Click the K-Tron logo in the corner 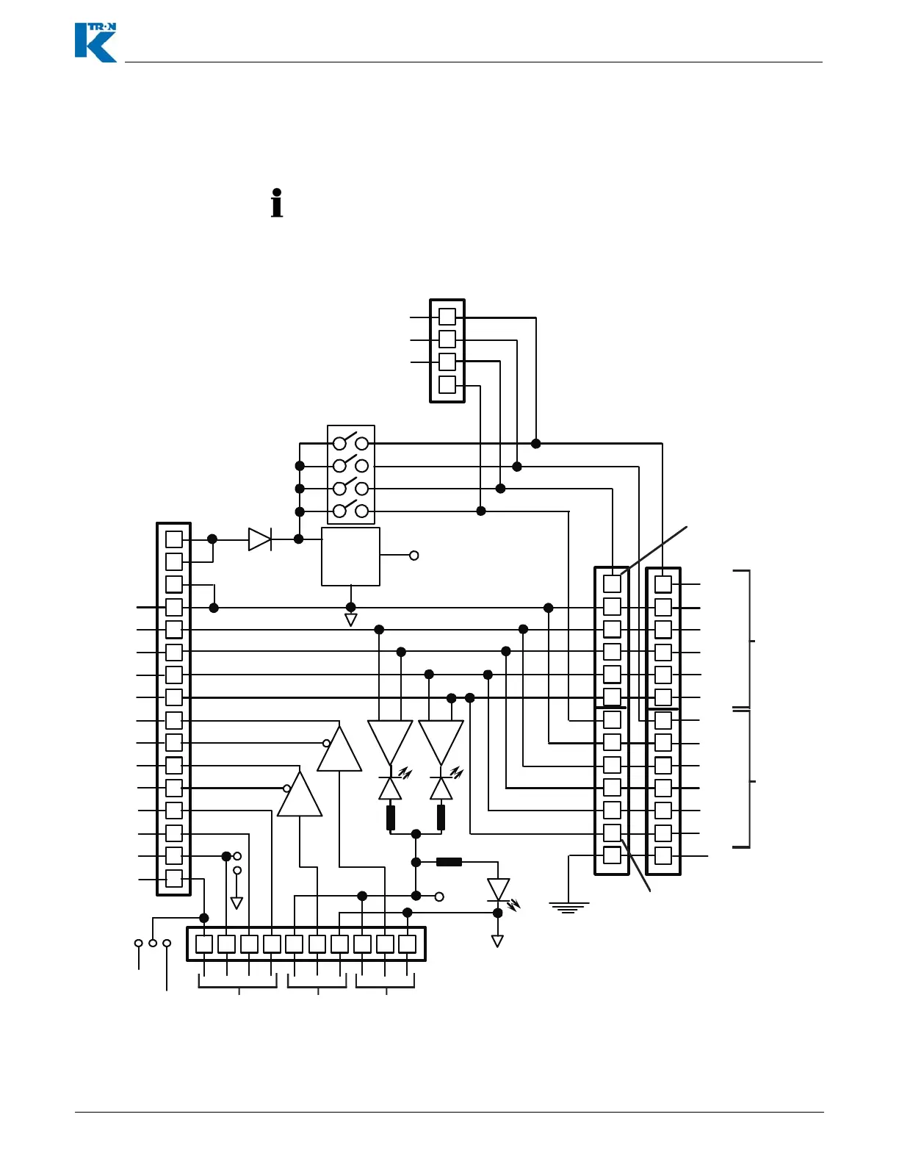pos(95,43)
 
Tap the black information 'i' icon pos(277,204)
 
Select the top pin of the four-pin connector pos(447,317)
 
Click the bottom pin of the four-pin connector pos(447,384)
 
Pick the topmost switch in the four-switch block pos(350,442)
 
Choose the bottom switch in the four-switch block pos(350,510)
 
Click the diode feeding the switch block pos(260,539)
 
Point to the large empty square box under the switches pos(350,556)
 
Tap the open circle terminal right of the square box pos(414,556)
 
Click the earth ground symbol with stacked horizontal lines pos(568,908)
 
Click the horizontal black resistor pos(449,862)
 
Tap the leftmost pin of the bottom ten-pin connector pos(204,944)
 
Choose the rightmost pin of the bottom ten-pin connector pos(408,944)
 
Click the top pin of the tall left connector pos(174,539)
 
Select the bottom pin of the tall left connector pos(174,879)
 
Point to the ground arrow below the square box pos(351,619)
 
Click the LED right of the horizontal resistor pos(499,890)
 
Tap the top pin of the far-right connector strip pos(663,584)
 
